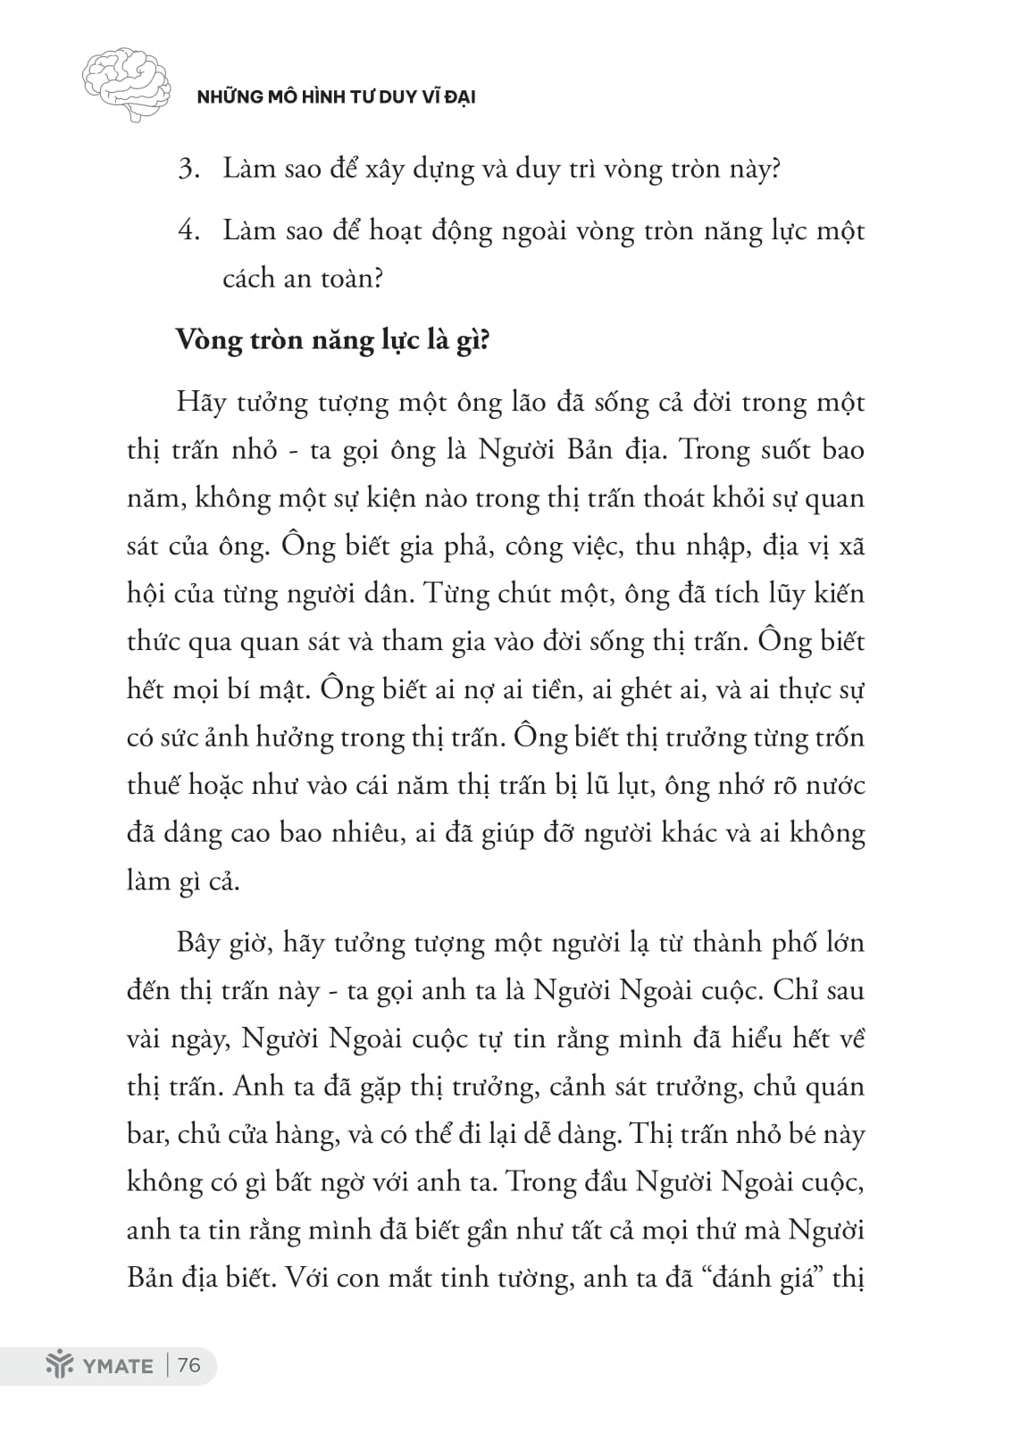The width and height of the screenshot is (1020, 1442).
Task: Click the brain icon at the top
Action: point(125,83)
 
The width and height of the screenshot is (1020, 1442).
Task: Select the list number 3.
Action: point(188,169)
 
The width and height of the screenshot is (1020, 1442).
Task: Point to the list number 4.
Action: point(188,231)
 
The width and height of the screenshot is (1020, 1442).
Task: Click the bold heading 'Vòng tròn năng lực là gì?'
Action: point(333,340)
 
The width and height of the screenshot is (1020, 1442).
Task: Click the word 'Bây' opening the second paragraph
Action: point(198,943)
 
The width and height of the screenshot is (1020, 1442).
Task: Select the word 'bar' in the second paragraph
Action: point(146,1136)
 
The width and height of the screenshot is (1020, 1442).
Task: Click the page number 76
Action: point(189,1365)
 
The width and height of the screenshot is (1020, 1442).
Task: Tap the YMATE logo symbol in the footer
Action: point(57,1365)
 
